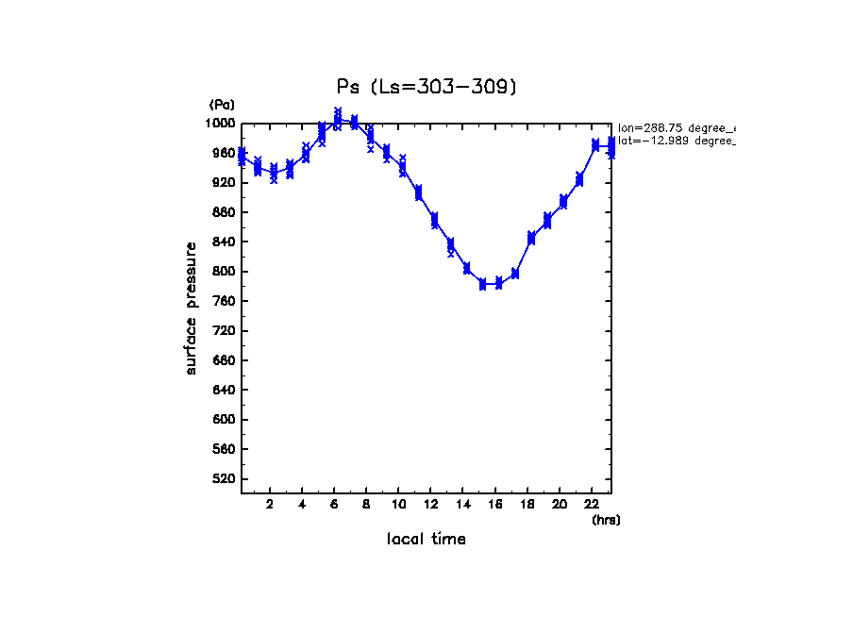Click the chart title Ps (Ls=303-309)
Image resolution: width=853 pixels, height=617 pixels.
[426, 87]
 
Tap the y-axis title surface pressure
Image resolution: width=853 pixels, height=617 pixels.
[192, 308]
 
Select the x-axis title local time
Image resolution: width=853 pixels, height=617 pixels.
[426, 540]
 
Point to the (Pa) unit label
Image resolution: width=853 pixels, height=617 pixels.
[222, 105]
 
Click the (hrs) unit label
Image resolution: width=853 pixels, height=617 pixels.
[606, 520]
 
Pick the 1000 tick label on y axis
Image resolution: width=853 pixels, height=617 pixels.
[222, 124]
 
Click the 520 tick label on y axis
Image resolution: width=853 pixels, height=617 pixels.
[225, 479]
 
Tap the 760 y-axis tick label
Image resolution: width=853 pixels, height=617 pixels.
[225, 302]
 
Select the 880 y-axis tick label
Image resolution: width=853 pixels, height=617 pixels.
[225, 212]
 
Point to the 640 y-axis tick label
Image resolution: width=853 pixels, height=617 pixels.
[225, 391]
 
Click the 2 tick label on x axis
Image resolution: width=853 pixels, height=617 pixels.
[270, 504]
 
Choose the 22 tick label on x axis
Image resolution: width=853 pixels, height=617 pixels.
[592, 504]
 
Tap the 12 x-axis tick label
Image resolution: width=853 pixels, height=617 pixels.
[430, 504]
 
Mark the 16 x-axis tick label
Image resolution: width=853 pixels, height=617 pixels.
[495, 504]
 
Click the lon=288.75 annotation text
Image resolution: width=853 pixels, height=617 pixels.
[676, 128]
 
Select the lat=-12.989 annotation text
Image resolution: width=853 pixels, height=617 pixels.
[676, 141]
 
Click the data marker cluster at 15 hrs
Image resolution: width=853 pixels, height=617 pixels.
[482, 284]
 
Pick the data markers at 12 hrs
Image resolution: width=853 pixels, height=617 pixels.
[434, 220]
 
